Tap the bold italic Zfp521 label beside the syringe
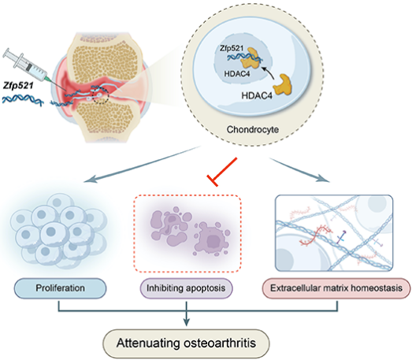click(18, 86)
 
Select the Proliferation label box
click(60, 288)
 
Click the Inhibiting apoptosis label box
click(186, 288)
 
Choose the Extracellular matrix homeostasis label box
click(336, 288)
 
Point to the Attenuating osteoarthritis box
click(186, 343)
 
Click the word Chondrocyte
click(253, 129)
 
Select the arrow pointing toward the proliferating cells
click(142, 164)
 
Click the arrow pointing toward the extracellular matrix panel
click(299, 169)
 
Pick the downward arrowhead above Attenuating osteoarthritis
click(186, 322)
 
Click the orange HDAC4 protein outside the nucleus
click(283, 85)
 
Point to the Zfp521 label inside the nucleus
click(232, 49)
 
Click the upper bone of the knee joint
click(103, 58)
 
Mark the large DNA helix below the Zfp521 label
click(22, 100)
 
